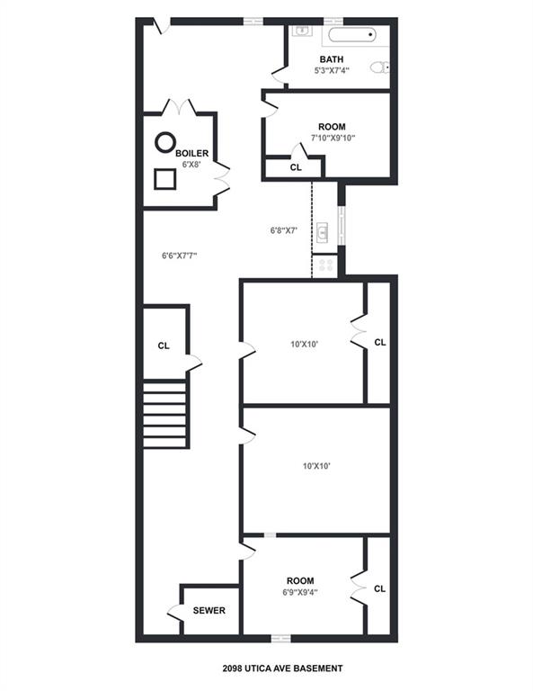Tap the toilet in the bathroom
(x=381, y=66)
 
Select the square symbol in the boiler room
(x=165, y=179)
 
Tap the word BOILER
(x=191, y=154)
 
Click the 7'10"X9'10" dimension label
(x=333, y=139)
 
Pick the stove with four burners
(x=324, y=265)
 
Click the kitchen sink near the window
(x=324, y=233)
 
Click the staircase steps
(x=166, y=413)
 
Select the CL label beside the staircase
(x=164, y=345)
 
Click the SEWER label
(x=209, y=610)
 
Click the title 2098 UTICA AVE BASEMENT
(x=282, y=669)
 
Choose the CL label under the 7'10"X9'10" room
(x=296, y=168)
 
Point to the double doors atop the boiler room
(x=179, y=106)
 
